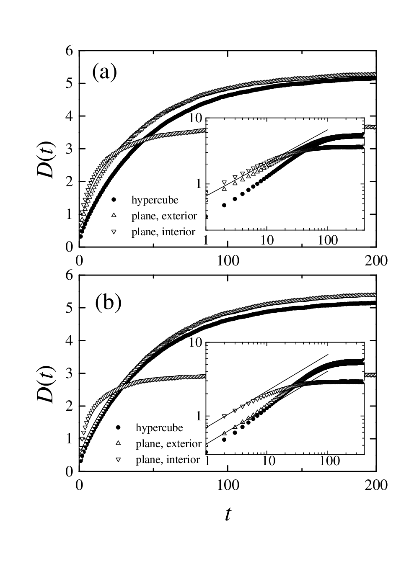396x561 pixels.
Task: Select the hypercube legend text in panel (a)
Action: [155, 200]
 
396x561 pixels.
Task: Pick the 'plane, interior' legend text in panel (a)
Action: [163, 232]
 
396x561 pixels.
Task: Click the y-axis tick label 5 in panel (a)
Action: [70, 84]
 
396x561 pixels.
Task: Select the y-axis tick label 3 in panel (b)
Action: [70, 373]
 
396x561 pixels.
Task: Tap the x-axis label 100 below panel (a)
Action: [228, 261]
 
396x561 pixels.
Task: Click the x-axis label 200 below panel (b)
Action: [376, 485]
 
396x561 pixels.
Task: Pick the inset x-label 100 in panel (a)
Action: [328, 241]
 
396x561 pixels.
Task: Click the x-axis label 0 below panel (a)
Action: [79, 261]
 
